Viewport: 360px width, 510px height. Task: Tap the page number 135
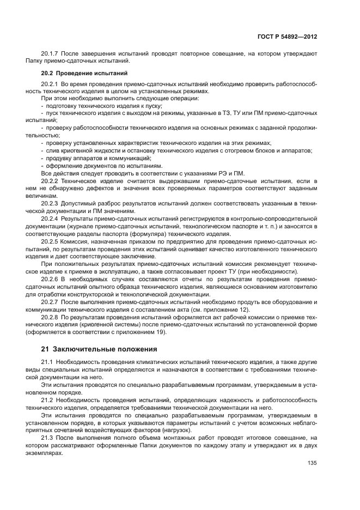point(312,463)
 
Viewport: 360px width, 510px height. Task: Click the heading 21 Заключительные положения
point(99,349)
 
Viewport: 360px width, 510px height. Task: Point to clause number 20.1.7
point(51,53)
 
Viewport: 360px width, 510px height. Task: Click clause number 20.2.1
point(50,84)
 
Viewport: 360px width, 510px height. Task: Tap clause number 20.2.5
point(50,240)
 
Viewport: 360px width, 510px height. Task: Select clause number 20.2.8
point(50,316)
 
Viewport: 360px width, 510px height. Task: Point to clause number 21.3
point(48,438)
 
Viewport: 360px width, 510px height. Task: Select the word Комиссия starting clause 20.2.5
point(75,240)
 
